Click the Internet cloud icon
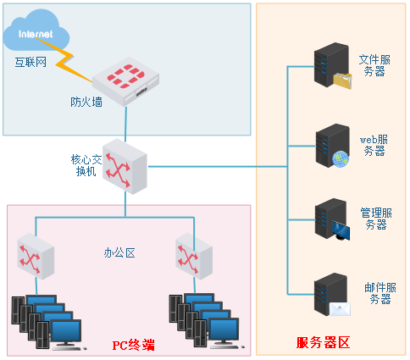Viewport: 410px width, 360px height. point(36,30)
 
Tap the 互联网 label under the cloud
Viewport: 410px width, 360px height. point(30,62)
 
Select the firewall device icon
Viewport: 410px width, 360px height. point(126,85)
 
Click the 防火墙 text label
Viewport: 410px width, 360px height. point(86,102)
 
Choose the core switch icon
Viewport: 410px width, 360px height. point(125,167)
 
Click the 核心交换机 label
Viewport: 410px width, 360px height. point(86,165)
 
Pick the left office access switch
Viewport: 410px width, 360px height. point(36,257)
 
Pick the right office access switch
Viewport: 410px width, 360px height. point(194,257)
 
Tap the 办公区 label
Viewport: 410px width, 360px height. point(119,252)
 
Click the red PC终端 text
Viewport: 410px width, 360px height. point(134,345)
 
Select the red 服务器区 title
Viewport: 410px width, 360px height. point(323,342)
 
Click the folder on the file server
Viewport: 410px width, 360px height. point(342,81)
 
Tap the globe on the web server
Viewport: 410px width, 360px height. point(341,159)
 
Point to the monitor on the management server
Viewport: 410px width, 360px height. point(341,230)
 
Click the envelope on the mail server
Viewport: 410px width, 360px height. point(340,309)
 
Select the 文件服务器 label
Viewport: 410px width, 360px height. point(374,65)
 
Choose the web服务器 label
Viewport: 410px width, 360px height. point(374,146)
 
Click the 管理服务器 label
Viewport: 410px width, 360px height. point(376,219)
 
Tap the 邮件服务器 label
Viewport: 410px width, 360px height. point(380,293)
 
